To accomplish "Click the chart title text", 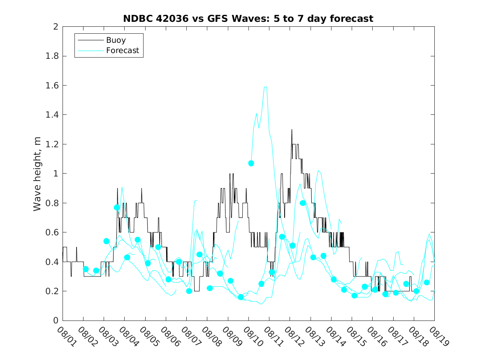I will [248, 19].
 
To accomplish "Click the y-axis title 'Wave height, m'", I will [37, 173].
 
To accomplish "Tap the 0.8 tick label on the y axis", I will [53, 203].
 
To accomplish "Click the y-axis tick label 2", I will [55, 27].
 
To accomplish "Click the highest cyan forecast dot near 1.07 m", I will [251, 163].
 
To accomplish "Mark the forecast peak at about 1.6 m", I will [266, 87].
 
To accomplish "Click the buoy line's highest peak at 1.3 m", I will [292, 130].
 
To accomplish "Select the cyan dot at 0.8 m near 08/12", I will [303, 203].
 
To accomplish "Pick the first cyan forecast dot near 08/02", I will [86, 269].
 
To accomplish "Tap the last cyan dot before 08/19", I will [427, 282].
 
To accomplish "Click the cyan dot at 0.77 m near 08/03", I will [117, 207].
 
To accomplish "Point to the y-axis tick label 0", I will [55, 321].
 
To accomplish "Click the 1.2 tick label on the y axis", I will [53, 144].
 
